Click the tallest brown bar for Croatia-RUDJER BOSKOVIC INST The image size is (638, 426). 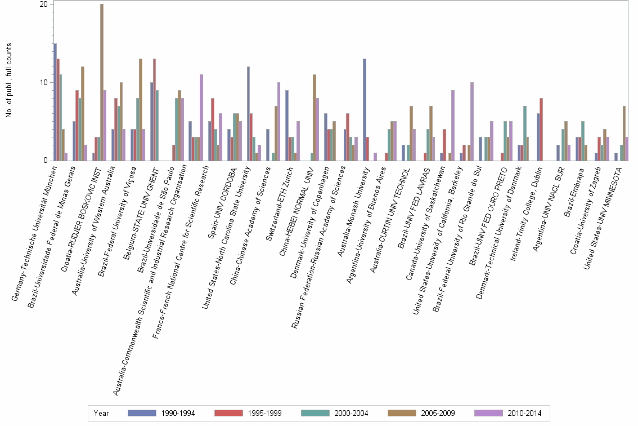click(102, 82)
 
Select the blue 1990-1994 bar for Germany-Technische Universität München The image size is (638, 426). click(55, 102)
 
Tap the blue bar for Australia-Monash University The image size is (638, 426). click(365, 110)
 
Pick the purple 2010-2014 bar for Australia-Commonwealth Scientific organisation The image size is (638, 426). click(201, 117)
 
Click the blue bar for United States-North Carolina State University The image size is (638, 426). click(248, 114)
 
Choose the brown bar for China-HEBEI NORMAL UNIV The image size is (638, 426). click(314, 117)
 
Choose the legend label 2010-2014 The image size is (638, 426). click(524, 413)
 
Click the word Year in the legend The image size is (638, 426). click(102, 413)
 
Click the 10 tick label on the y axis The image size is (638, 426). click(43, 82)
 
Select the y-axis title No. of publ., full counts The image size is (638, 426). click(10, 82)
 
